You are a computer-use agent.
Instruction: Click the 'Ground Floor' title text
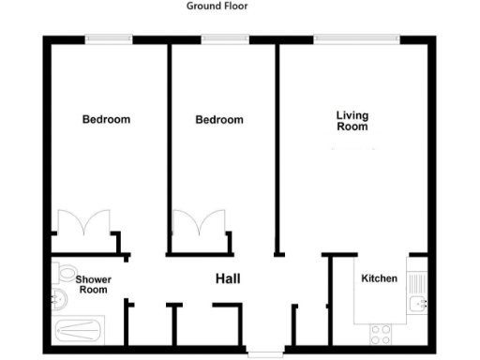pos(217,6)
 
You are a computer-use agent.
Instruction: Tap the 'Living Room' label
pos(352,121)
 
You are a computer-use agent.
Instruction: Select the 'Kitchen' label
pos(380,278)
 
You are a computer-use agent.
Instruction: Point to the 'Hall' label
pos(228,278)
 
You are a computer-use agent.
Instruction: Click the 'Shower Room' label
pos(92,284)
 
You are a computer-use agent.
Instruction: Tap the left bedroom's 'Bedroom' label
pos(106,119)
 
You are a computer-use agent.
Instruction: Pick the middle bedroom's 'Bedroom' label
pos(218,119)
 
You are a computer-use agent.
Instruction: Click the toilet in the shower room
pos(65,274)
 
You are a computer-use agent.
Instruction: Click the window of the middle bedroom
pos(218,38)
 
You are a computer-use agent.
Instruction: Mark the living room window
pos(357,38)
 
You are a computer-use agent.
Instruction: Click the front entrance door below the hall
pos(263,354)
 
